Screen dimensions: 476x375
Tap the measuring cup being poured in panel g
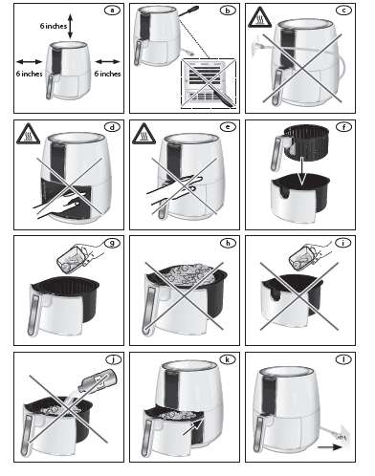[70, 257]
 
